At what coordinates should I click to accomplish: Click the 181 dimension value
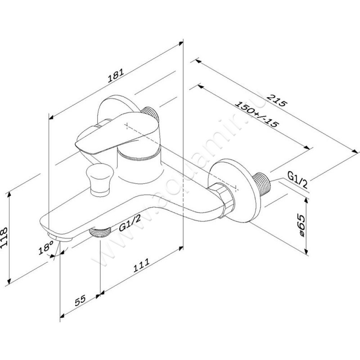[116, 75]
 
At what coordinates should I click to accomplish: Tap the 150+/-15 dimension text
[257, 114]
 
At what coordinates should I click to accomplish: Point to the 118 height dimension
[4, 237]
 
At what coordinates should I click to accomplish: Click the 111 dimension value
[141, 265]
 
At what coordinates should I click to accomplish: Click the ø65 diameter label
[299, 226]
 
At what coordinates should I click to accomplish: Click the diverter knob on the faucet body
[99, 179]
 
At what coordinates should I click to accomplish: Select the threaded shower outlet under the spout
[100, 232]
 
